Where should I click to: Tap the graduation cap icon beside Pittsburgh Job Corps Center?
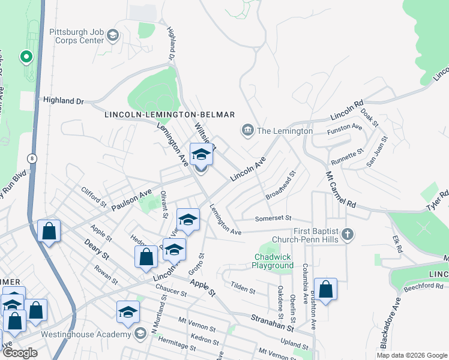point(112,37)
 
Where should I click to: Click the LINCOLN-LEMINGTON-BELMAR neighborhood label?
point(169,115)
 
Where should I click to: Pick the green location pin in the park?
point(26,58)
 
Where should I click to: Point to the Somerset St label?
point(273,218)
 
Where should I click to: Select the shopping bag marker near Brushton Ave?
point(325,290)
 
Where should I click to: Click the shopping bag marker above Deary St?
point(49,231)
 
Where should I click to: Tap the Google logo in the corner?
point(20,353)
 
